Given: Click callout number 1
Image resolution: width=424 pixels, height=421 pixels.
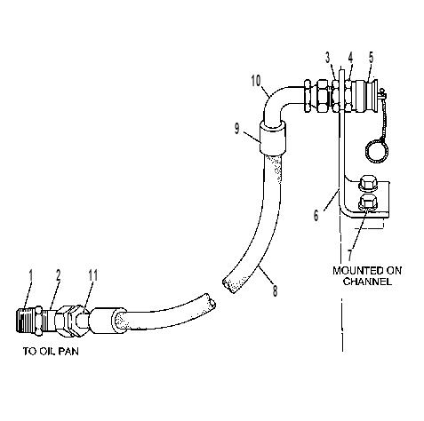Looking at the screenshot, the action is pos(30,275).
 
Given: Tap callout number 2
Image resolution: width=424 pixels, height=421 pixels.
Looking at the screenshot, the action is pos(59,275).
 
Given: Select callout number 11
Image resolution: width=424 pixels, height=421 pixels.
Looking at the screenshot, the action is pos(93,275).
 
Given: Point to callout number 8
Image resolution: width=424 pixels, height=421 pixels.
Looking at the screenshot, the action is pos(276,290).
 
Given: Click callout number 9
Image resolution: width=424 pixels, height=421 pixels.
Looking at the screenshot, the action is pos(236,129).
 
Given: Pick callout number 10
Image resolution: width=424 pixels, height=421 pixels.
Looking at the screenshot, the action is pos(256,81).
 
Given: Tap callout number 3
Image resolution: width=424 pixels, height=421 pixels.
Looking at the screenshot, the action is pos(327,58).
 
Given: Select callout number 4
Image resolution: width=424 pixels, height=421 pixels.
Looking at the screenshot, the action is pos(350,58).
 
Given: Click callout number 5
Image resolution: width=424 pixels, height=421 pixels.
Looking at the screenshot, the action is pos(372,57).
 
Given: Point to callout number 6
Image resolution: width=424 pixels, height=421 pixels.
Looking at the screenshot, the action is pos(316,215).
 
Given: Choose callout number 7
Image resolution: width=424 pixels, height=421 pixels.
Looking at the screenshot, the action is pos(350,255).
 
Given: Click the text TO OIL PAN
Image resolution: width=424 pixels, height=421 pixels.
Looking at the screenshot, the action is pos(51,352).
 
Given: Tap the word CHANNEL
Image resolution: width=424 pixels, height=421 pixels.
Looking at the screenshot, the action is pos(367,282).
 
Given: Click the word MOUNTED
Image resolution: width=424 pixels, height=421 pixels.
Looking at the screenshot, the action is pos(355,271).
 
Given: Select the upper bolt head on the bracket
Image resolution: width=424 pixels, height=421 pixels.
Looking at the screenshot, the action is pos(368,184).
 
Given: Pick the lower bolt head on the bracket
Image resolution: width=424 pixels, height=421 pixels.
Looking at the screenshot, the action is pos(367,203).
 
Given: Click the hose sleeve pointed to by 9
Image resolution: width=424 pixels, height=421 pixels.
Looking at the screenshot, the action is pos(273,137).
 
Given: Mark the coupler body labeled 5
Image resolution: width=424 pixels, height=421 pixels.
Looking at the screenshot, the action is pos(366,96).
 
